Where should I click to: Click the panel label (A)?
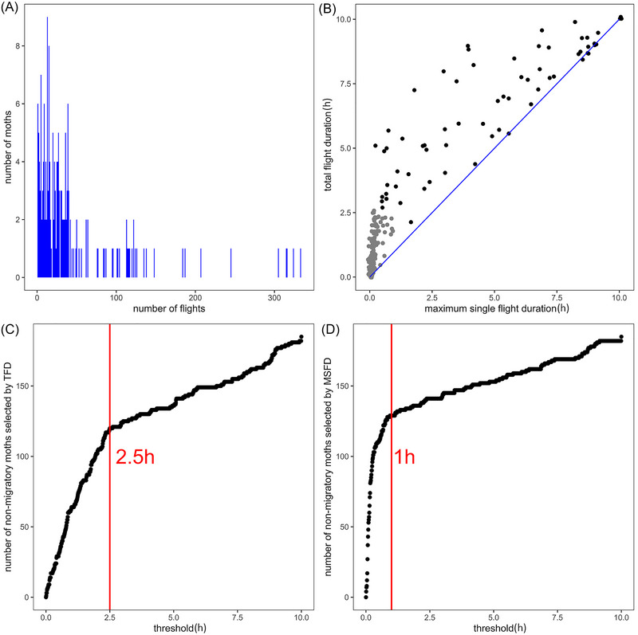pyautogui.click(x=10, y=9)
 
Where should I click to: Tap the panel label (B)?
pyautogui.click(x=328, y=9)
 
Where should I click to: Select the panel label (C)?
pyautogui.click(x=10, y=329)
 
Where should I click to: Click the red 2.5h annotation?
pyautogui.click(x=135, y=457)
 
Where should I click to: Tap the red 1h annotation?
pyautogui.click(x=404, y=457)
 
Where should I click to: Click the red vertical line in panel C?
pyautogui.click(x=110, y=467)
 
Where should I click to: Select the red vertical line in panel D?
pyautogui.click(x=392, y=467)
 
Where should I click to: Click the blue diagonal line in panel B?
pyautogui.click(x=494, y=147)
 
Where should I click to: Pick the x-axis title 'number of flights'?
pyautogui.click(x=169, y=308)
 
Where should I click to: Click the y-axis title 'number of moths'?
pyautogui.click(x=8, y=147)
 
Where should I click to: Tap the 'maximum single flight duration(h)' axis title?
pyautogui.click(x=497, y=308)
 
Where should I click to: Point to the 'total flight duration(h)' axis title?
pyautogui.click(x=328, y=145)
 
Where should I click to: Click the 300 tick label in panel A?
pyautogui.click(x=274, y=298)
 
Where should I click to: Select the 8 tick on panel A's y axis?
pyautogui.click(x=18, y=46)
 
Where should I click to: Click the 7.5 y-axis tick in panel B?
pyautogui.click(x=344, y=84)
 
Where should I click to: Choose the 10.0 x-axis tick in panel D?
pyautogui.click(x=621, y=617)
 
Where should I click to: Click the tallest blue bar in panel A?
pyautogui.click(x=47, y=147)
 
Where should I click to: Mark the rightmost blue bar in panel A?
pyautogui.click(x=301, y=263)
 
